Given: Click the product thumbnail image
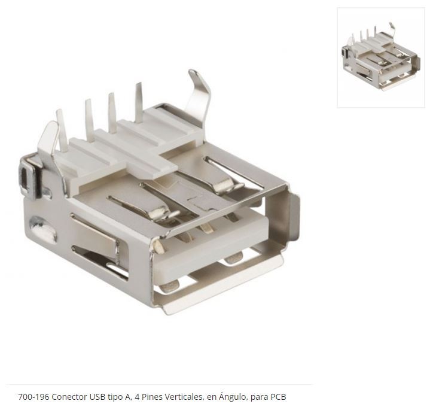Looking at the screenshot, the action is pos(381,57).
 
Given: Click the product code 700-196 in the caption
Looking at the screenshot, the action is pos(33,397).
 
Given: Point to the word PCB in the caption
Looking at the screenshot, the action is pos(278,397).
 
